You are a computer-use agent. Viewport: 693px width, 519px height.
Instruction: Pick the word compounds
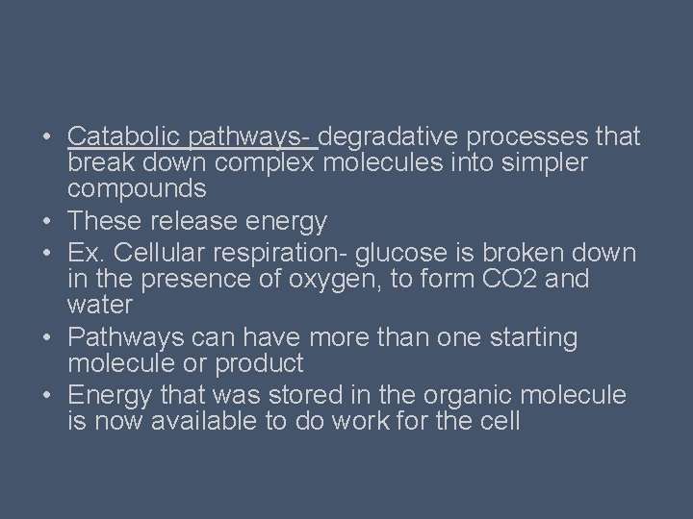(137, 188)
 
